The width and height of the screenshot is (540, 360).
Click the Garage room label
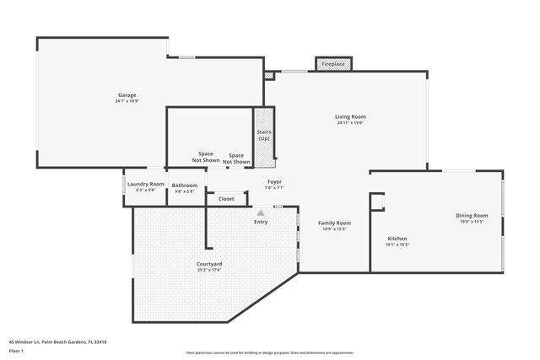[127, 95]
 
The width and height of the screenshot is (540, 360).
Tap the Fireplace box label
[333, 64]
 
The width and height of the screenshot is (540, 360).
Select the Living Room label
[350, 116]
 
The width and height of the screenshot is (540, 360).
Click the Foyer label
[274, 181]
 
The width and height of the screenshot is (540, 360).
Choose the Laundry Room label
[145, 184]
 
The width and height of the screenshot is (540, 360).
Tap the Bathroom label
[184, 185]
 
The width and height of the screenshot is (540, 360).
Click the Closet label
[226, 199]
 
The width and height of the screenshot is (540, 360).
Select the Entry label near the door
[262, 222]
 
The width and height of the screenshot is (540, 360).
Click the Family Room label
[334, 223]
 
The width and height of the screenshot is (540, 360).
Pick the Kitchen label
[397, 239]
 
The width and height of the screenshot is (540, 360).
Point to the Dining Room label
[473, 215]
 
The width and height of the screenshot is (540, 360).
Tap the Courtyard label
[209, 264]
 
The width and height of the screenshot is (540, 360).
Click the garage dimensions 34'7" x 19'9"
[127, 101]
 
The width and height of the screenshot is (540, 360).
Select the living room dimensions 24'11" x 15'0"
[350, 123]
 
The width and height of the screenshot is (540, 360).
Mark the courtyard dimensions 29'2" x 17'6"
[209, 271]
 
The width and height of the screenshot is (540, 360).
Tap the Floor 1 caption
[16, 351]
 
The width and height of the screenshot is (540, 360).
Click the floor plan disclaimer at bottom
[269, 352]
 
